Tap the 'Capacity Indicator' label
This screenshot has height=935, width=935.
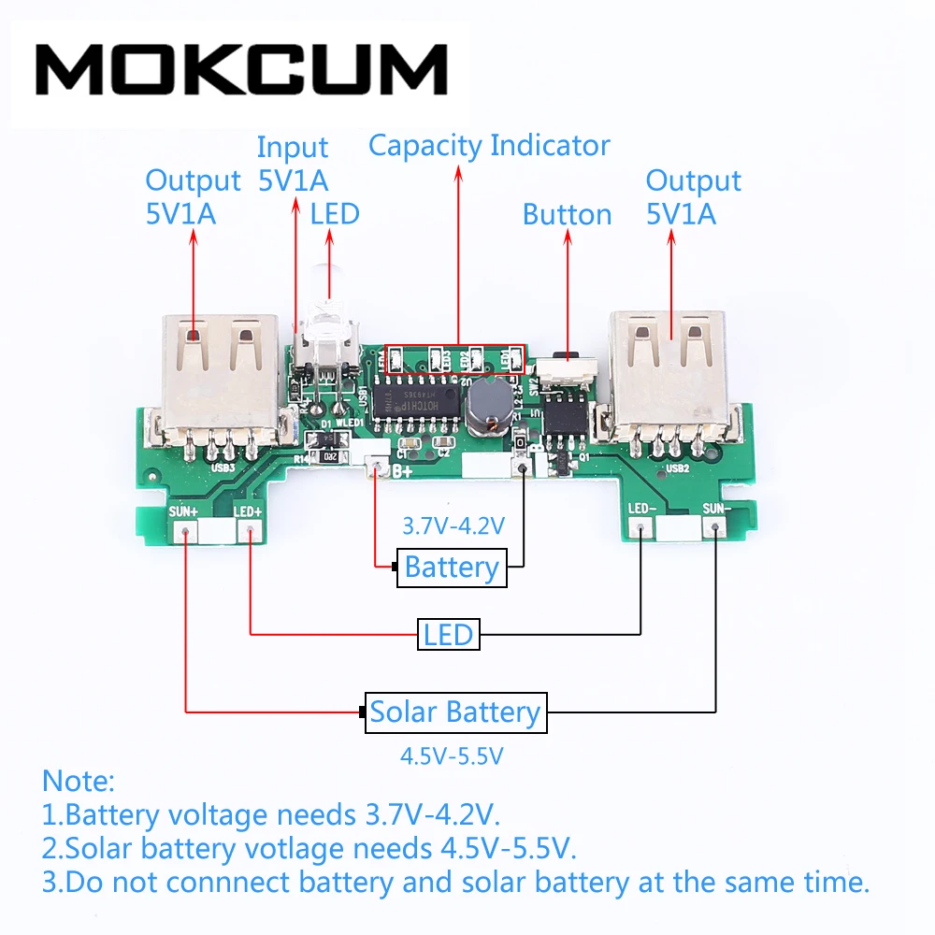pyautogui.click(x=489, y=146)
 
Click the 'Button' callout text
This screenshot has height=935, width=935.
pyautogui.click(x=567, y=214)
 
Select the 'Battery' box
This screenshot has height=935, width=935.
pyautogui.click(x=452, y=568)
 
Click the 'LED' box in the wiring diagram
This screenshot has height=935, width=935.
pyautogui.click(x=449, y=636)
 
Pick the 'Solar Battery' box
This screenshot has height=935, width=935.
pyautogui.click(x=455, y=712)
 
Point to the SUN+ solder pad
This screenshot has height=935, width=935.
pyautogui.click(x=186, y=532)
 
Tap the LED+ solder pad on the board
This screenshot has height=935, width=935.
pyautogui.click(x=250, y=532)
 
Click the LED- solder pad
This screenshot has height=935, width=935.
pyautogui.click(x=640, y=529)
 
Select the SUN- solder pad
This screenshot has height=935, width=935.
pyautogui.click(x=715, y=529)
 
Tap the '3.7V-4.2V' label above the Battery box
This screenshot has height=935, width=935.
pyautogui.click(x=453, y=525)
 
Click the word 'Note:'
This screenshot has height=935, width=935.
pyautogui.click(x=79, y=780)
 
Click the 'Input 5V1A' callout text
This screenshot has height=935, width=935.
pyautogui.click(x=293, y=163)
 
